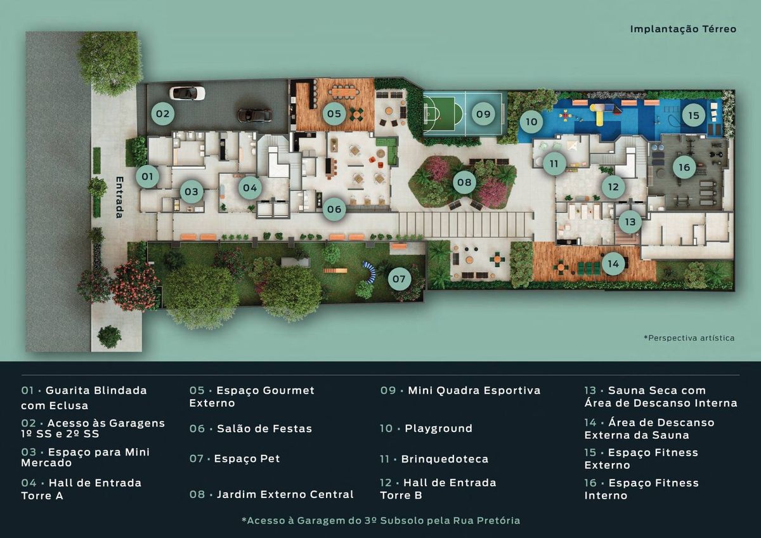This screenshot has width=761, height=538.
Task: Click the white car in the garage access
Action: [187, 93]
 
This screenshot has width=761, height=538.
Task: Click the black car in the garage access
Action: [254, 115]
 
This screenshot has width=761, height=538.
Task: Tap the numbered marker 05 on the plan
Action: [334, 114]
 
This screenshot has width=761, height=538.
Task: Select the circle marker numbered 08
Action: [464, 182]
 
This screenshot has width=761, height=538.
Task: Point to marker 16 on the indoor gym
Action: [684, 167]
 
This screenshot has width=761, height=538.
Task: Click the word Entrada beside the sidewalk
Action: [120, 197]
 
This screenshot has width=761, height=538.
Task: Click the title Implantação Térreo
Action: [683, 29]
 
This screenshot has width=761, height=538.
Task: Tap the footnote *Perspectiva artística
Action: [689, 338]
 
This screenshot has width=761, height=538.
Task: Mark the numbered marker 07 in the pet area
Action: [399, 279]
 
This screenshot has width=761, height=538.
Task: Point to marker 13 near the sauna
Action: [630, 222]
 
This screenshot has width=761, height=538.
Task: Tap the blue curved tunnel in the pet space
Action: [370, 271]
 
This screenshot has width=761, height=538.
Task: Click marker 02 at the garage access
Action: [163, 114]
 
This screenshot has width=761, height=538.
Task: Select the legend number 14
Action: [590, 423]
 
